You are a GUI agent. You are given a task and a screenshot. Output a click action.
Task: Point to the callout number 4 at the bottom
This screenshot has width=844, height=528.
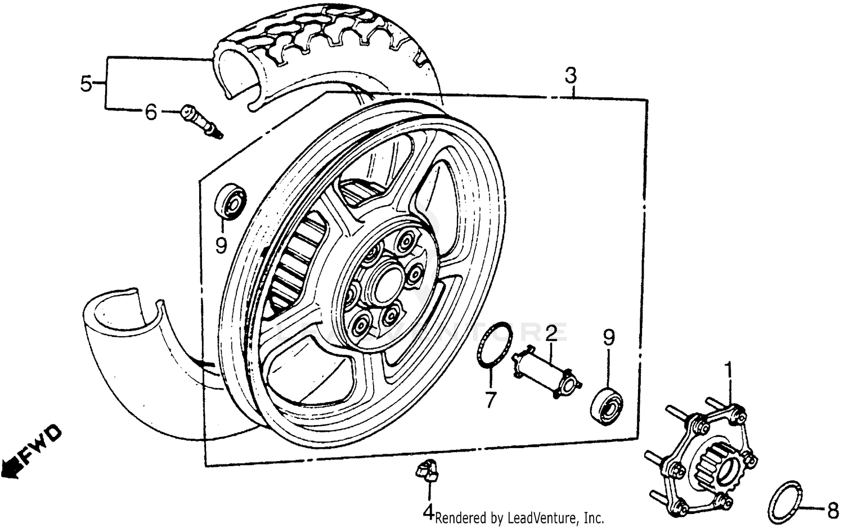tap(429, 512)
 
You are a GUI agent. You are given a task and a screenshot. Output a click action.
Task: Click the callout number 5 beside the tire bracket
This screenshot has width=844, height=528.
tap(86, 84)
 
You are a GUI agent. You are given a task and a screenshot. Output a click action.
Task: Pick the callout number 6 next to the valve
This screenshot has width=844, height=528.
tap(151, 112)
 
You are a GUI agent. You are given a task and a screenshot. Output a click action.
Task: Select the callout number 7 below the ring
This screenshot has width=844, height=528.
tap(491, 400)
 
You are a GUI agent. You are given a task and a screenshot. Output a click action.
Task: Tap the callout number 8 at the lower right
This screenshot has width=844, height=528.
tap(832, 511)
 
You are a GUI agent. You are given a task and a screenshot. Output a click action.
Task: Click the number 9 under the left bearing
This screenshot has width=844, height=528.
tap(221, 245)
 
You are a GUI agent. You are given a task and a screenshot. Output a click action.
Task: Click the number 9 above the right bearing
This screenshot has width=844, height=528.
tap(609, 337)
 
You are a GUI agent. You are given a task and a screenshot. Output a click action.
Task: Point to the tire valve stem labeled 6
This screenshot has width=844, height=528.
tap(201, 121)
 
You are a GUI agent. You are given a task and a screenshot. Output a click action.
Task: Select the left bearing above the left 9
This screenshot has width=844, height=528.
tap(231, 200)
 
